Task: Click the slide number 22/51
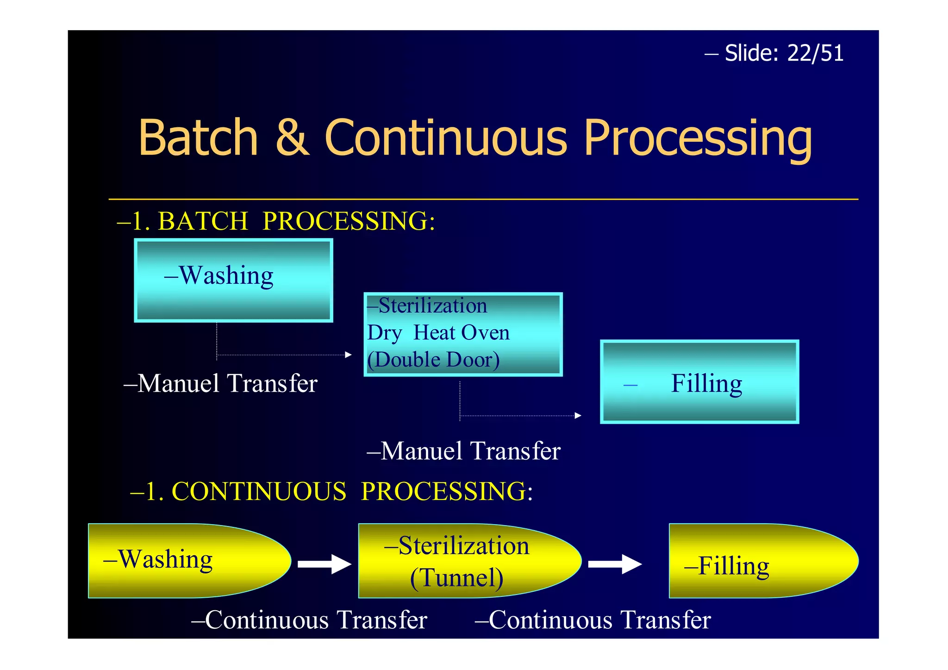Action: click(x=815, y=53)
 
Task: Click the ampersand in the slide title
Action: click(x=292, y=138)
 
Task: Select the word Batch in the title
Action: click(x=198, y=138)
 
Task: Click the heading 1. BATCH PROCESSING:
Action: click(x=276, y=221)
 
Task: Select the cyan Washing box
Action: click(x=233, y=281)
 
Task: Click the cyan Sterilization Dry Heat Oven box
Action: click(x=463, y=334)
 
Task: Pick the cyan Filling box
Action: click(x=699, y=382)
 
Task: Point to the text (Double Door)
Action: click(x=433, y=359)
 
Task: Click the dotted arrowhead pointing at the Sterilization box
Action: click(x=348, y=355)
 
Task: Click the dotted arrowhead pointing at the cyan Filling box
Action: click(x=578, y=415)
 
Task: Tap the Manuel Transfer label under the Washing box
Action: click(x=221, y=383)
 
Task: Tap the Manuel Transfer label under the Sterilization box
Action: click(x=464, y=451)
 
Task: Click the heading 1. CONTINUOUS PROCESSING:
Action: click(x=331, y=491)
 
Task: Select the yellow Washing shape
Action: click(x=185, y=561)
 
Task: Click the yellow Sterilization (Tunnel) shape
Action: click(x=463, y=561)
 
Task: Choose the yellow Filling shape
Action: click(x=759, y=561)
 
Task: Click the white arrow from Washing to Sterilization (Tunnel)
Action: click(x=324, y=564)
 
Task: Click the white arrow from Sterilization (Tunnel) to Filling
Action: click(x=615, y=564)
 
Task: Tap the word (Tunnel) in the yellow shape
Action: click(x=457, y=578)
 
